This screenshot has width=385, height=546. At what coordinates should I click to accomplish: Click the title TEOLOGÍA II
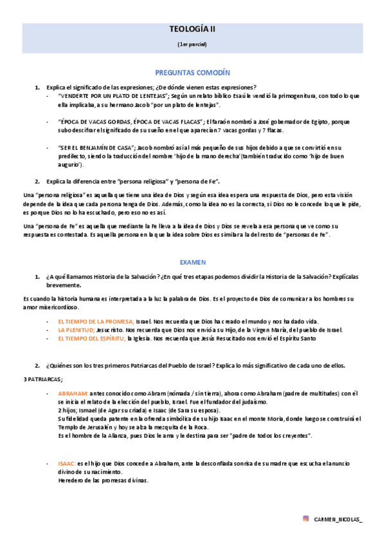tap(192, 30)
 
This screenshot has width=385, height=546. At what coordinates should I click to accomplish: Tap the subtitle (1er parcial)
tap(192, 44)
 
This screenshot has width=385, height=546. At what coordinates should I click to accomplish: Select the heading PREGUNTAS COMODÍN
tap(192, 73)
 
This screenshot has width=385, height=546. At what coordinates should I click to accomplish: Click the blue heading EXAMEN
tap(192, 263)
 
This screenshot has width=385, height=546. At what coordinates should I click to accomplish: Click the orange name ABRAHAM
tap(73, 393)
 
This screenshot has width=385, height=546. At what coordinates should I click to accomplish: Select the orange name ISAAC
tap(67, 464)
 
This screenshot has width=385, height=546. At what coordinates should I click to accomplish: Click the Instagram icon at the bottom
tap(306, 518)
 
